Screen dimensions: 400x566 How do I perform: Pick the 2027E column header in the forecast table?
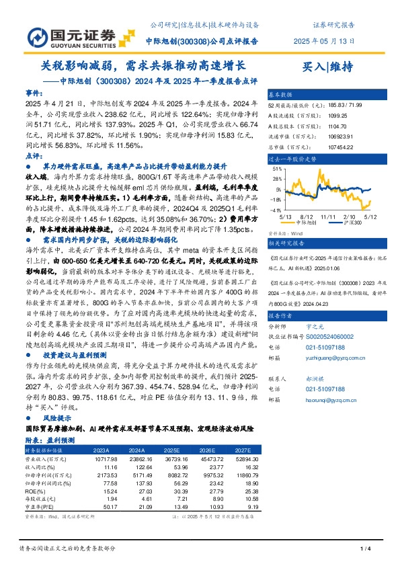click(x=243, y=450)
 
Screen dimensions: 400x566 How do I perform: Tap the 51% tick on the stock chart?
click(x=277, y=171)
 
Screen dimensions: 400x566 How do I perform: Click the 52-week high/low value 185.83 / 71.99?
click(x=346, y=105)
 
